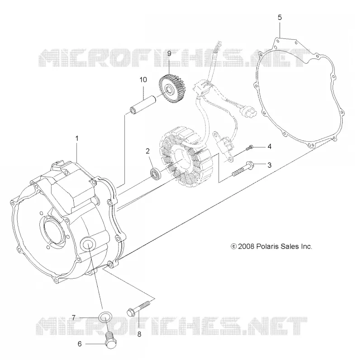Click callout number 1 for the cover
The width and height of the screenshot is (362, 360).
77,139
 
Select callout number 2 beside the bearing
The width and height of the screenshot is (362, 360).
148,151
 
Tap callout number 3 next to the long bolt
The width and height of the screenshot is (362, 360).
269,165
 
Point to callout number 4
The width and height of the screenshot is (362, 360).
269,147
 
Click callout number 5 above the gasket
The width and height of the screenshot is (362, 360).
280,18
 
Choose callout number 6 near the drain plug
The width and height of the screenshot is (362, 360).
80,344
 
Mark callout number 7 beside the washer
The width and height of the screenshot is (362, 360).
73,318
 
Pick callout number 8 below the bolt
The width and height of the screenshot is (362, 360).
139,334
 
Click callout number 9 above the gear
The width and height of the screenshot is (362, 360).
169,54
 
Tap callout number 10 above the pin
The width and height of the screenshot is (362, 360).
143,80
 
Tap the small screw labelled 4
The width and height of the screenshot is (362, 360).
249,148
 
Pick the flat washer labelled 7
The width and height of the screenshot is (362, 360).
105,318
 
